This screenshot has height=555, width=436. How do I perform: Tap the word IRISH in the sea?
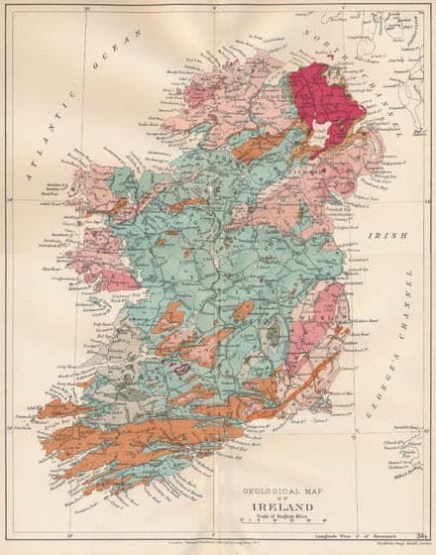click(381, 236)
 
